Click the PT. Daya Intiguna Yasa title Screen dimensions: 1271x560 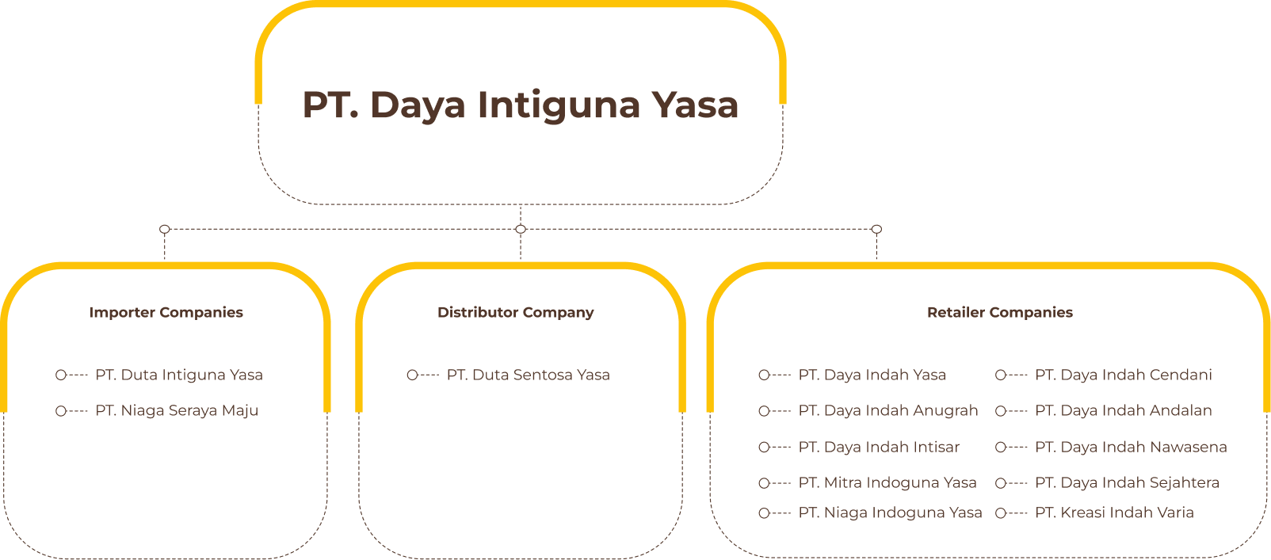coord(521,105)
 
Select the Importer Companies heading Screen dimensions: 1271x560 coord(166,313)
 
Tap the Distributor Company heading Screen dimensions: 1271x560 coord(515,313)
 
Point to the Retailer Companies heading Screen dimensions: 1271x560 coord(1000,313)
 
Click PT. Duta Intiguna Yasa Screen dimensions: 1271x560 coord(179,375)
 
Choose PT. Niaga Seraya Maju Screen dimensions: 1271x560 coord(177,411)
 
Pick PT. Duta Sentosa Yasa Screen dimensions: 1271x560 coord(529,375)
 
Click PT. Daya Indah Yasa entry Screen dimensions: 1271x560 coord(872,375)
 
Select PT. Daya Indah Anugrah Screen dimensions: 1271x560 coord(888,411)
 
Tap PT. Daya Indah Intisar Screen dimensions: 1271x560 coord(879,447)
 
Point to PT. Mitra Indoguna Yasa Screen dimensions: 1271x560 coord(887,483)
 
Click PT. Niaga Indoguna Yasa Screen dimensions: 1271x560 coord(891,513)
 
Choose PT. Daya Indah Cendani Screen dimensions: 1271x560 coord(1124,375)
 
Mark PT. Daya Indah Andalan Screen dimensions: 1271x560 coord(1124,411)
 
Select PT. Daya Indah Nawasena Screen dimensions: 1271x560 coord(1131,447)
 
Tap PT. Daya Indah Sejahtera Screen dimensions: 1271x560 coord(1127,483)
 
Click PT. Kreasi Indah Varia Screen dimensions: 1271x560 coord(1114,513)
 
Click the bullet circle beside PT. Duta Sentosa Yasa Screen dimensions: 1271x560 coord(413,375)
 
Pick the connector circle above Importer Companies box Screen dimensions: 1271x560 coord(165,229)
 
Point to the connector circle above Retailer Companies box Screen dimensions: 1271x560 coord(876,229)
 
